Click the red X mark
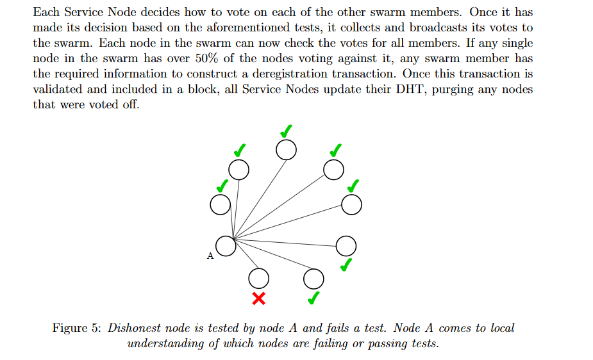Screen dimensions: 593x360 click(259, 299)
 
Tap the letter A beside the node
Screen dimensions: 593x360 click(210, 256)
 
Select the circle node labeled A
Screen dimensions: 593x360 click(226, 246)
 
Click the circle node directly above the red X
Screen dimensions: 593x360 click(259, 279)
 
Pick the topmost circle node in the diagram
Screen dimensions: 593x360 click(287, 150)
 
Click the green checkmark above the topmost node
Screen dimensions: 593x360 click(287, 131)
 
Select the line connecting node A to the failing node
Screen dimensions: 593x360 click(246, 254)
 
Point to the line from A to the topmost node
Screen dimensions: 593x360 click(260, 199)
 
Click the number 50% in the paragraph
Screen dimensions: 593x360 click(206, 58)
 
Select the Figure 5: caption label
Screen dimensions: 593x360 click(77, 328)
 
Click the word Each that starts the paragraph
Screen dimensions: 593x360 click(46, 12)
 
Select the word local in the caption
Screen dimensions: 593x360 click(502, 328)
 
